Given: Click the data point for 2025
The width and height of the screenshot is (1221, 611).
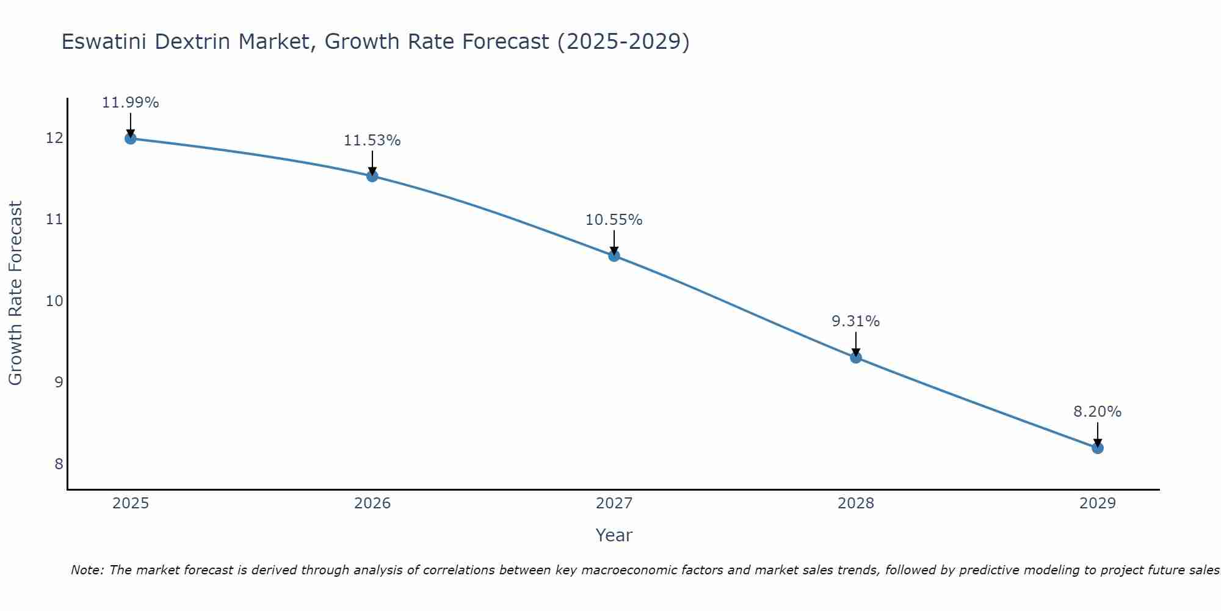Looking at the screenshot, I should coord(130,138).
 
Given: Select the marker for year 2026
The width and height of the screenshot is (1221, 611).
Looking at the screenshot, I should coord(372,176).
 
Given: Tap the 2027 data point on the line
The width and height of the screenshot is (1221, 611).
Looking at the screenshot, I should coord(614,255).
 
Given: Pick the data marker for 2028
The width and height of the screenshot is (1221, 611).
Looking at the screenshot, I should coord(856,357).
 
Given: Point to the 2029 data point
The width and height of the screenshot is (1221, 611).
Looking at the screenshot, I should coord(1098,448).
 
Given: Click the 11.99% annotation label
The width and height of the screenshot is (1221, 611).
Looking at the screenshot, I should coord(130,103).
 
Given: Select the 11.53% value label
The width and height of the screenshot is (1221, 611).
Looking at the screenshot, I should coord(372,141).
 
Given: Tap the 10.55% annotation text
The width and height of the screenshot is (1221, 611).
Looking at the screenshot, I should coord(614,220).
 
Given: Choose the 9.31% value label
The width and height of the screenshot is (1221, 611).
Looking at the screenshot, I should coord(856,321).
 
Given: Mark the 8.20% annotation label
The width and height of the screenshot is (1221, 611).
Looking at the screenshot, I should coord(1098,412).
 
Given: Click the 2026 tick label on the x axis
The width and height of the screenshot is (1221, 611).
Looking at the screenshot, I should coord(372,503).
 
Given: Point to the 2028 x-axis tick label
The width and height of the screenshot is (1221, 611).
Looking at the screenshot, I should coord(856,503).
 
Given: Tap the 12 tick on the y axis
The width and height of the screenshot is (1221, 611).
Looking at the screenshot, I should coord(54,138).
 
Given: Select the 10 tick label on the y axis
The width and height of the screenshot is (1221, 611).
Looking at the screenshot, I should coord(54,301).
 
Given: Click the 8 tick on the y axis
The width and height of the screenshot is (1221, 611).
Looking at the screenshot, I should coord(59,464).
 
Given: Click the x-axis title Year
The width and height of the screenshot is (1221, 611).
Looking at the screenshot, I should coord(614,535).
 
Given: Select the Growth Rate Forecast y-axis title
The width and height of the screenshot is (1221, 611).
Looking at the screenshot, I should coord(16,293).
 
